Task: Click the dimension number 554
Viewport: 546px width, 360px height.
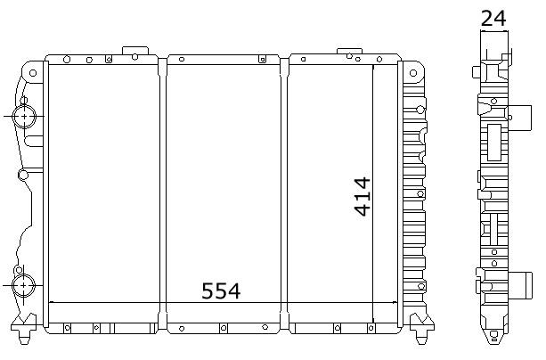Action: [221, 291]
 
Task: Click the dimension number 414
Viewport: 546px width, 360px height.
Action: [363, 197]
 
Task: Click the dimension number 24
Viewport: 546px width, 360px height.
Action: [493, 19]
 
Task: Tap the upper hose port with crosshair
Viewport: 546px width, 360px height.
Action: [24, 116]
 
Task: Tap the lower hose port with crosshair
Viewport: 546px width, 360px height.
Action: [23, 285]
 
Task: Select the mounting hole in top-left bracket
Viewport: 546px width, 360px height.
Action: [33, 73]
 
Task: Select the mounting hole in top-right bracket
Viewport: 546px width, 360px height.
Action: [413, 73]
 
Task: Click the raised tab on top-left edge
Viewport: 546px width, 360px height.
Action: [135, 51]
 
